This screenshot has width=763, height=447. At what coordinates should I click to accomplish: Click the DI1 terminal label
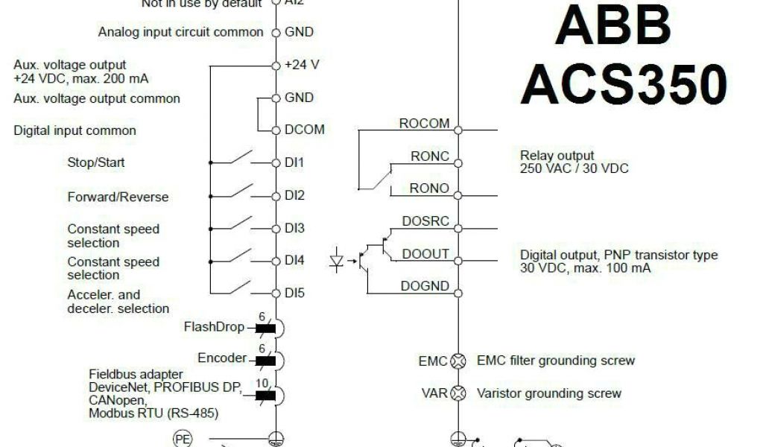pyautogui.click(x=294, y=162)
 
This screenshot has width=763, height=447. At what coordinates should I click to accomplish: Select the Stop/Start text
pyautogui.click(x=96, y=162)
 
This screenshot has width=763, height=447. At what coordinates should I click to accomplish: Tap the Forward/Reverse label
pyautogui.click(x=118, y=197)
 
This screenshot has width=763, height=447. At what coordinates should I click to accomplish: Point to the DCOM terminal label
pyautogui.click(x=304, y=130)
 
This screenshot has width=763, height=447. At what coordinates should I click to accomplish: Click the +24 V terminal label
pyautogui.click(x=302, y=65)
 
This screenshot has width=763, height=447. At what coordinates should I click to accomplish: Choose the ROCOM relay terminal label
pyautogui.click(x=425, y=124)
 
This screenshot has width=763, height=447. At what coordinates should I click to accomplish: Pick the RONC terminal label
pyautogui.click(x=430, y=156)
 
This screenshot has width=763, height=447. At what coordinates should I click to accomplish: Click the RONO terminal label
pyautogui.click(x=429, y=189)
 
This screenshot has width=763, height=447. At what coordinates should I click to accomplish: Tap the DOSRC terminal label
pyautogui.click(x=425, y=221)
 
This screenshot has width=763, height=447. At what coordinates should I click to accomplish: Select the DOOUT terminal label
pyautogui.click(x=425, y=254)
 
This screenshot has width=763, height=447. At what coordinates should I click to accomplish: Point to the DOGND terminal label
pyautogui.click(x=425, y=286)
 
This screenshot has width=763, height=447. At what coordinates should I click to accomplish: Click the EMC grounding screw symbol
pyautogui.click(x=459, y=361)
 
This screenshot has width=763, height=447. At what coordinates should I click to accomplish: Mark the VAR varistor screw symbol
pyautogui.click(x=459, y=393)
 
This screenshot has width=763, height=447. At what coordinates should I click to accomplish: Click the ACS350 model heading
pyautogui.click(x=623, y=84)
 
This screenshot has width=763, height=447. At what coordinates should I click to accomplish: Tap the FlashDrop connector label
pyautogui.click(x=215, y=327)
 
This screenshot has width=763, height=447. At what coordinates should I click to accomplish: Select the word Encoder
pyautogui.click(x=221, y=358)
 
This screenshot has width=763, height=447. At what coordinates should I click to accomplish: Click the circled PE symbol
pyautogui.click(x=182, y=439)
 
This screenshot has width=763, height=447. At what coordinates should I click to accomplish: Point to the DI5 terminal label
pyautogui.click(x=294, y=294)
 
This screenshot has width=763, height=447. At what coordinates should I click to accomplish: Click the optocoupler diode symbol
pyautogui.click(x=337, y=261)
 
